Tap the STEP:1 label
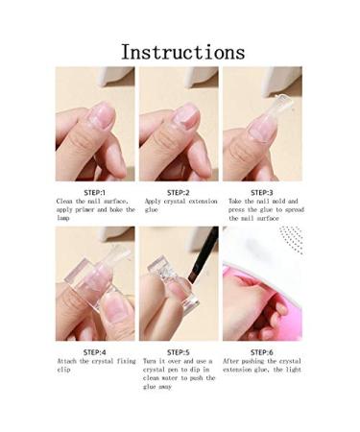click(94, 192)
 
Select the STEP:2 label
click(179, 192)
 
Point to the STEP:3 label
click(261, 192)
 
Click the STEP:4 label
click(94, 351)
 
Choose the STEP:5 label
click(179, 351)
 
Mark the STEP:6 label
click(261, 351)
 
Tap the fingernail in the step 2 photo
click(183, 115)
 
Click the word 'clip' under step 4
click(65, 370)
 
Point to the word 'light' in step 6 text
click(291, 370)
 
